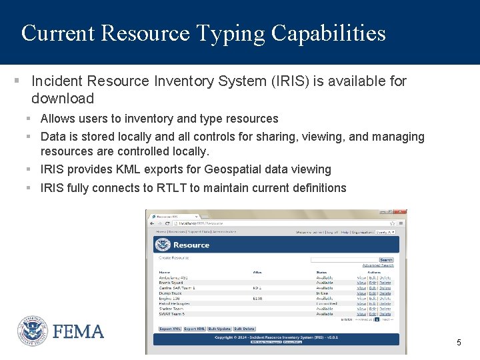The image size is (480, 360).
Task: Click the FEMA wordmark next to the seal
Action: (79, 331)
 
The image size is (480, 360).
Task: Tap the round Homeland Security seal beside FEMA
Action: (32, 331)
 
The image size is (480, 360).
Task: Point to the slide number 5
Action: (459, 343)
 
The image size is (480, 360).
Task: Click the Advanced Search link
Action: (378, 265)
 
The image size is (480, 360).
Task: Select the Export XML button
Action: (170, 329)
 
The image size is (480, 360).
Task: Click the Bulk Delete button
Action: (244, 329)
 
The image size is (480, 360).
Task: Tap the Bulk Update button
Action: (219, 329)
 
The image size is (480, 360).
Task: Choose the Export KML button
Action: (194, 329)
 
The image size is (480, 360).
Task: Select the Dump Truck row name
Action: (170, 293)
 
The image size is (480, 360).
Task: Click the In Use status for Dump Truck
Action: (323, 293)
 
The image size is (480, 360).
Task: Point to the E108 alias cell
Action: (257, 299)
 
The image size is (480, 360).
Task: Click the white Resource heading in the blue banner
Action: (191, 245)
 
